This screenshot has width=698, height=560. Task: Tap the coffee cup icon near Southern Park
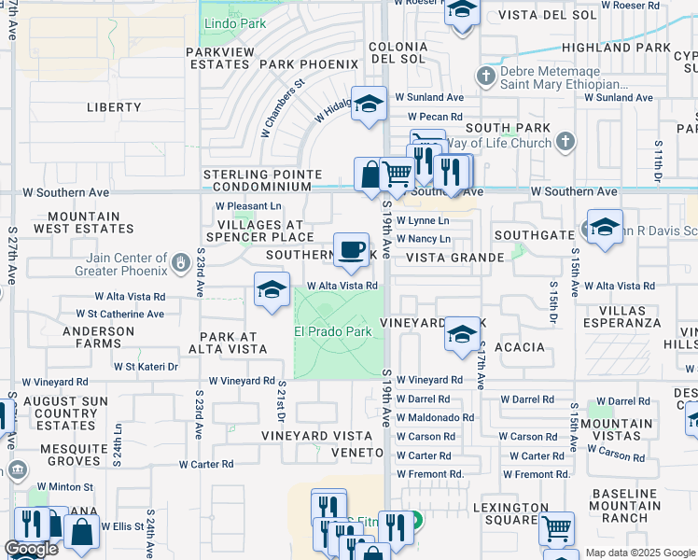tap(352, 249)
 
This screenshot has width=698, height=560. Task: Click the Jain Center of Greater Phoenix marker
tap(179, 264)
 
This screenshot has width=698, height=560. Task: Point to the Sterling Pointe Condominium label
tap(263, 180)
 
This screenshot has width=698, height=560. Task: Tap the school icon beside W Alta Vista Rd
tap(271, 289)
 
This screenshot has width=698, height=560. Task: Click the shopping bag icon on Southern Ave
tap(370, 175)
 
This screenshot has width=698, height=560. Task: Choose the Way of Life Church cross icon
tap(564, 142)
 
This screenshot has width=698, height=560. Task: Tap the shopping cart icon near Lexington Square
tap(556, 528)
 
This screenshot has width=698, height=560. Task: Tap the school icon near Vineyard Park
tap(462, 334)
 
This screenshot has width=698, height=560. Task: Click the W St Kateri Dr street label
tap(146, 367)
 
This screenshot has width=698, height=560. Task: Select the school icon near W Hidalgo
tap(369, 104)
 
